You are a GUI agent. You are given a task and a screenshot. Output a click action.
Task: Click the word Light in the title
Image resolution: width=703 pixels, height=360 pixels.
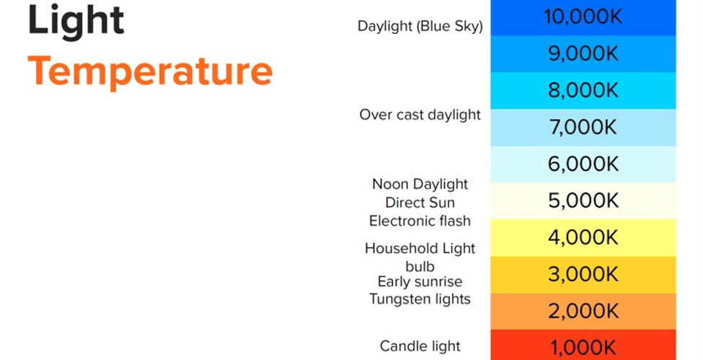click(76, 21)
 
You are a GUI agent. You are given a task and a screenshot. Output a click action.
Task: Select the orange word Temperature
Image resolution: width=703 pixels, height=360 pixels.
click(150, 72)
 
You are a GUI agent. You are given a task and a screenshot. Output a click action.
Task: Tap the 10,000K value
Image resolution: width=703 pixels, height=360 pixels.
click(583, 17)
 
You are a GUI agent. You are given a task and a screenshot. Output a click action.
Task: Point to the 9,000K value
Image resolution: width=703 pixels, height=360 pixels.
click(583, 53)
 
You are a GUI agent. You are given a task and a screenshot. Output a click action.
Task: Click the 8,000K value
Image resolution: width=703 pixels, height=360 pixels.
click(583, 90)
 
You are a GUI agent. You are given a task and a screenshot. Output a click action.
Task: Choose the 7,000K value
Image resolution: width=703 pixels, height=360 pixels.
click(583, 127)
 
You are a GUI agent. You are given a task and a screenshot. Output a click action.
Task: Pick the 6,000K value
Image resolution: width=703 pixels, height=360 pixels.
click(583, 164)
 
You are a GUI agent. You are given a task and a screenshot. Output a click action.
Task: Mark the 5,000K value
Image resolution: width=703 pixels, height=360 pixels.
click(583, 201)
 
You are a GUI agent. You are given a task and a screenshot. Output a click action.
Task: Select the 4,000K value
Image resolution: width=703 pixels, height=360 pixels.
click(583, 237)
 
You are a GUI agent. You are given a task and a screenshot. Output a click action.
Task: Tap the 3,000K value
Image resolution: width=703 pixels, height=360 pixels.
click(583, 274)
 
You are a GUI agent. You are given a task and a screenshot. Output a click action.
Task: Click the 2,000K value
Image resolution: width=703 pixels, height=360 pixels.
click(583, 311)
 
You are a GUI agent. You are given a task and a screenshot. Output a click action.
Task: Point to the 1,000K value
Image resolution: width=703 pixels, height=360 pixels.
click(583, 348)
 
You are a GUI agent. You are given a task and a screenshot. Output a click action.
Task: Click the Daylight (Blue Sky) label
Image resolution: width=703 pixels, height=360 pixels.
click(420, 27)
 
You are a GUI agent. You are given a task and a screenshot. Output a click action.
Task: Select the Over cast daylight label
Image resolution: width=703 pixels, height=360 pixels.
click(420, 115)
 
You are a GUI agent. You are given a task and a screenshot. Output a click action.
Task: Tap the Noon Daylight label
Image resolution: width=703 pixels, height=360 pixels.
click(420, 185)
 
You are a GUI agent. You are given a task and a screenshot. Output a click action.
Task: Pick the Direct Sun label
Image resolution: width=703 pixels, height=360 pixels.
click(420, 203)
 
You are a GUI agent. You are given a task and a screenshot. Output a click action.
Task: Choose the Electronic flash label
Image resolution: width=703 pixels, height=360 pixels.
click(420, 221)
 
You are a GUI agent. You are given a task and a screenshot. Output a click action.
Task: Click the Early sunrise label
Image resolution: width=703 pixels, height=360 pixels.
click(420, 282)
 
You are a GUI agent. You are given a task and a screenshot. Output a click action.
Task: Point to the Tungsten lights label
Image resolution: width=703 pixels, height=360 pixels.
click(420, 299)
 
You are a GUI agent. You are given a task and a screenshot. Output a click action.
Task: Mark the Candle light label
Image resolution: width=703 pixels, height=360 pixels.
click(420, 346)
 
